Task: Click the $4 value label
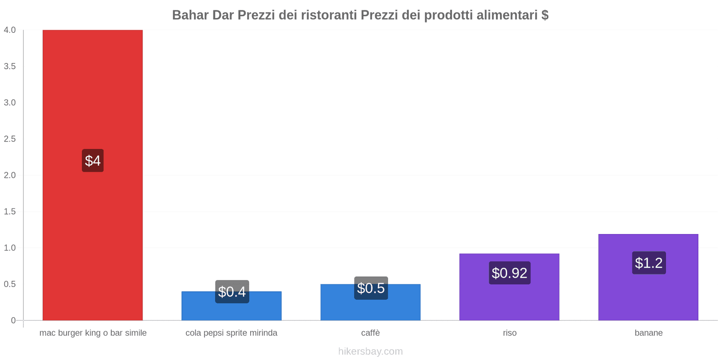(x=93, y=161)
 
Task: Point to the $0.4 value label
(x=232, y=292)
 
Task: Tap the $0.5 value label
(x=371, y=288)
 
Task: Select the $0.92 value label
(x=509, y=273)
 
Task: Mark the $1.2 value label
(x=648, y=263)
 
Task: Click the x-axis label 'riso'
(x=509, y=333)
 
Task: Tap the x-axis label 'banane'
(x=648, y=333)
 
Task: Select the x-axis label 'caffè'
(x=370, y=333)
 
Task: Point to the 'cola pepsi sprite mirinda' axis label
(x=231, y=333)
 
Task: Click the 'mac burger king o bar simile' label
(x=93, y=333)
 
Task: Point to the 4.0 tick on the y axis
(x=10, y=30)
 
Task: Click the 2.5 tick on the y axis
(x=10, y=139)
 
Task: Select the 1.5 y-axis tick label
(x=10, y=211)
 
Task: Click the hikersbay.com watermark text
(x=370, y=351)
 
